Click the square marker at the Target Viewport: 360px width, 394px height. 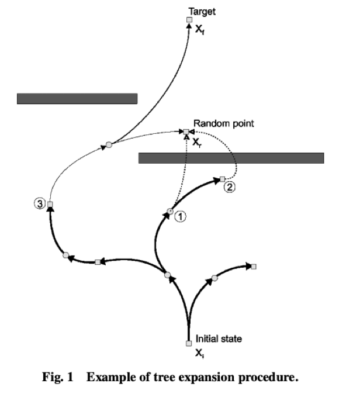[x=189, y=20]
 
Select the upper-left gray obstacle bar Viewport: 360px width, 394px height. [x=77, y=98]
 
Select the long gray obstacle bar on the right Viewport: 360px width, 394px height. [x=231, y=158]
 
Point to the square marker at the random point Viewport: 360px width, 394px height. [x=186, y=132]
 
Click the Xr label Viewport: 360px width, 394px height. [x=198, y=141]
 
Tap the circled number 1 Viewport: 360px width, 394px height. [x=181, y=216]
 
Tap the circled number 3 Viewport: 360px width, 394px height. [x=39, y=203]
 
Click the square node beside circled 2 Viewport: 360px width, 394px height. [x=222, y=178]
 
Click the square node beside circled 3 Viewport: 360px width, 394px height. [x=50, y=204]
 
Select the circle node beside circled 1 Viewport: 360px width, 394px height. [x=171, y=210]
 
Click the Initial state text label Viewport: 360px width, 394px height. [x=219, y=338]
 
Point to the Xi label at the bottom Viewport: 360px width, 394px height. [x=199, y=353]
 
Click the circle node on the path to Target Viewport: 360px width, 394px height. [x=108, y=143]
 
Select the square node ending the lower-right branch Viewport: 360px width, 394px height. [x=254, y=267]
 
